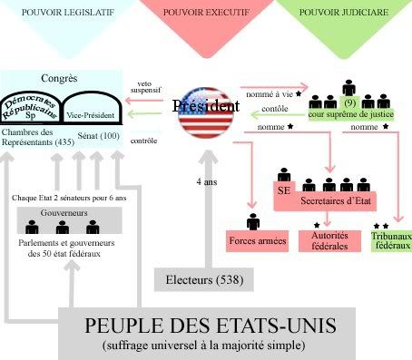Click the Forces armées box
(x=253, y=240)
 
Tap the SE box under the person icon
(x=282, y=190)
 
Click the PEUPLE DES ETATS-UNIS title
(x=206, y=325)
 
